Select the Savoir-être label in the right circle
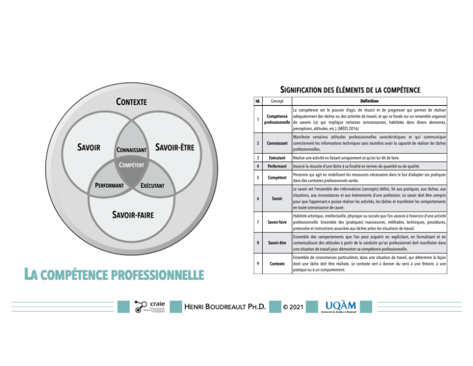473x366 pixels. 175,148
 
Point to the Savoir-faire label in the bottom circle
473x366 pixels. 132,215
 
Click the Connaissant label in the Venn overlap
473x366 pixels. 132,150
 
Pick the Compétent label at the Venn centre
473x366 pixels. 131,165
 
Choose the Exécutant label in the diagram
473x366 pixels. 156,185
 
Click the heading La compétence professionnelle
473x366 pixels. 113,274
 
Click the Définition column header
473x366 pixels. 365,100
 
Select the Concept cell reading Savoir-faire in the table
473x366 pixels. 277,222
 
